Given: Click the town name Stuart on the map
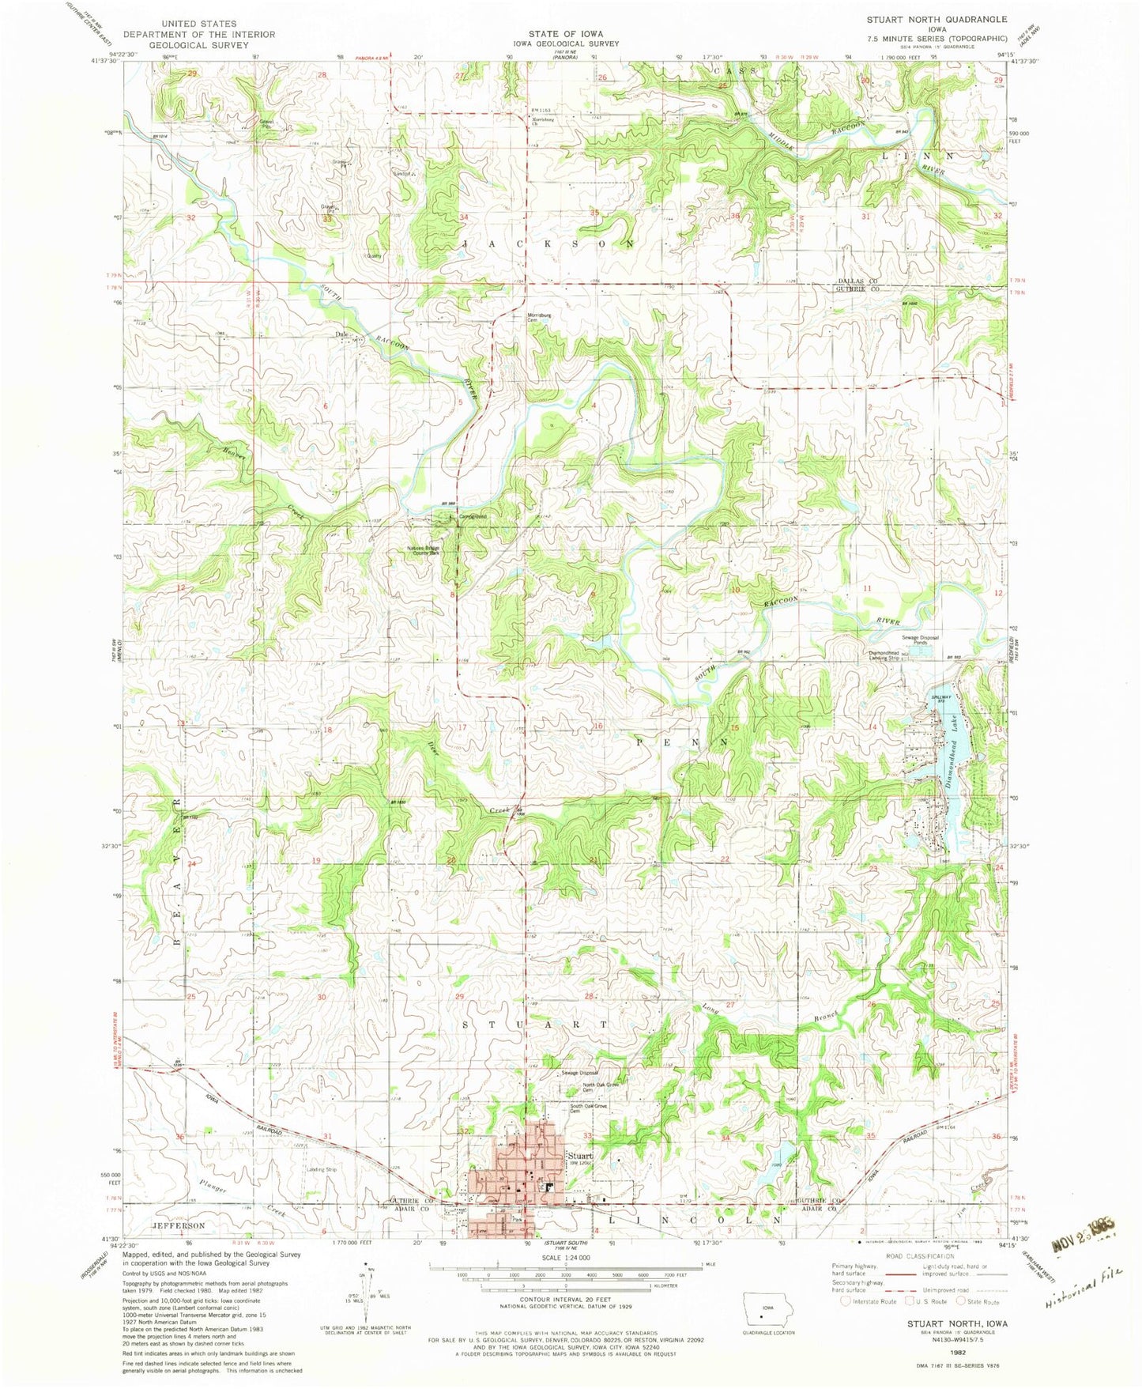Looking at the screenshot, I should tap(579, 1155).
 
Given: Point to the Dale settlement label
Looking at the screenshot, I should tap(342, 334).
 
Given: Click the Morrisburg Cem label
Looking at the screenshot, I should tap(542, 319).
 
